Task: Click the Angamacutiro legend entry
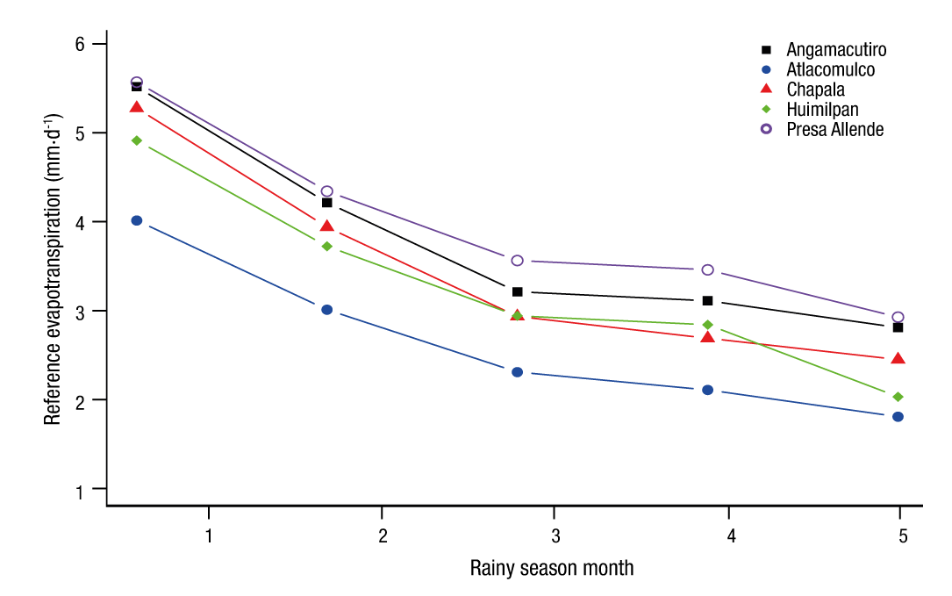coord(835,49)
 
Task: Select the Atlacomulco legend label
coord(830,69)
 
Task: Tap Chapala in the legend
coord(815,90)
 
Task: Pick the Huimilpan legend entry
coord(822,110)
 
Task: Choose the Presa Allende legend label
coord(834,130)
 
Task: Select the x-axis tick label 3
coord(554,535)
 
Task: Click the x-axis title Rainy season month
coord(551,568)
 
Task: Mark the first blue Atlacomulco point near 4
coord(137,220)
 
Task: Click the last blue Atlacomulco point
coord(898,416)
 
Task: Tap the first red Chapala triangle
coord(137,107)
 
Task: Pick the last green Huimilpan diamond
coord(898,397)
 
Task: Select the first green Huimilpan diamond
coord(137,140)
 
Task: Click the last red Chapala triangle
coord(898,359)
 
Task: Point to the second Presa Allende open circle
coord(327,190)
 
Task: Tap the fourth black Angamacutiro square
coord(707,300)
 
